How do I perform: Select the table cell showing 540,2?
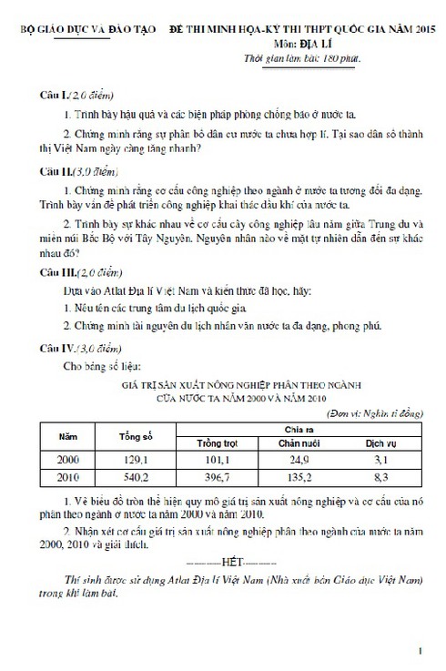[x=135, y=476]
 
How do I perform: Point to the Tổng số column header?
[x=135, y=435]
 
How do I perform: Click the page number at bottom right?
[x=420, y=652]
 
